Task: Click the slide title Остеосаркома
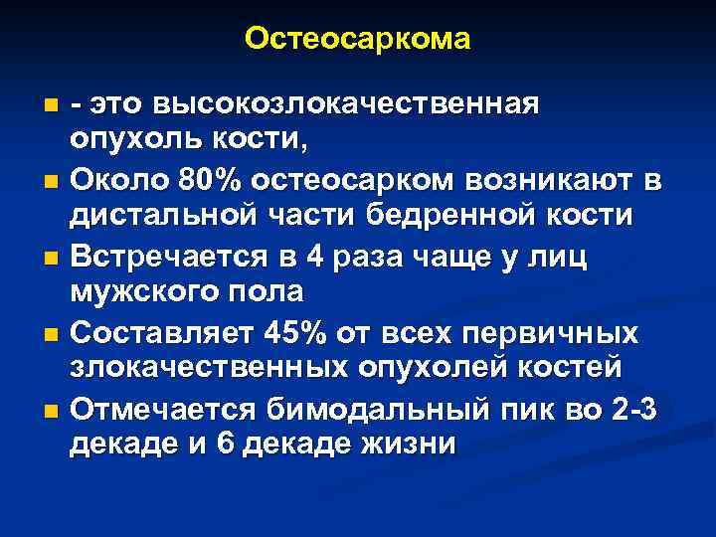358,40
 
